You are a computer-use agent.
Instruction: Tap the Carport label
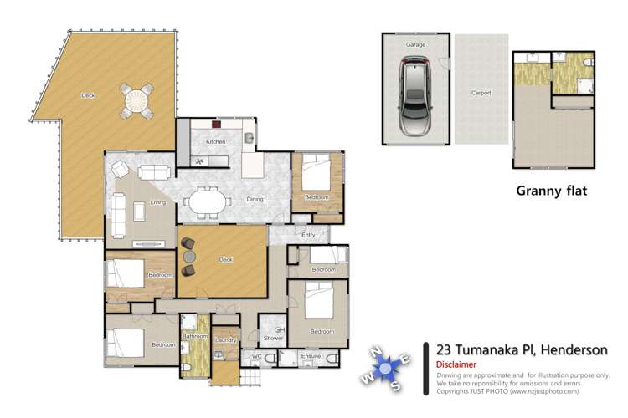481,93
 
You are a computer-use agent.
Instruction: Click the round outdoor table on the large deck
136,100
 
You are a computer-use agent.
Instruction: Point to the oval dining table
207,201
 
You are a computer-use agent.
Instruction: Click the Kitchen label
216,142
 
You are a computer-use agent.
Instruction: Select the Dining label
255,199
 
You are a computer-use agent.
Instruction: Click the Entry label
308,235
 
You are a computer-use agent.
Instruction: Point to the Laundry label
225,340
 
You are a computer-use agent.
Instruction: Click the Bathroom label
195,336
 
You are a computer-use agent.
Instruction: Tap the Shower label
272,339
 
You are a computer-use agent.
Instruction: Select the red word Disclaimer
456,365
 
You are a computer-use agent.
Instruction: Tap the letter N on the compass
377,350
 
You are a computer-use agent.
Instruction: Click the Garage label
416,43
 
